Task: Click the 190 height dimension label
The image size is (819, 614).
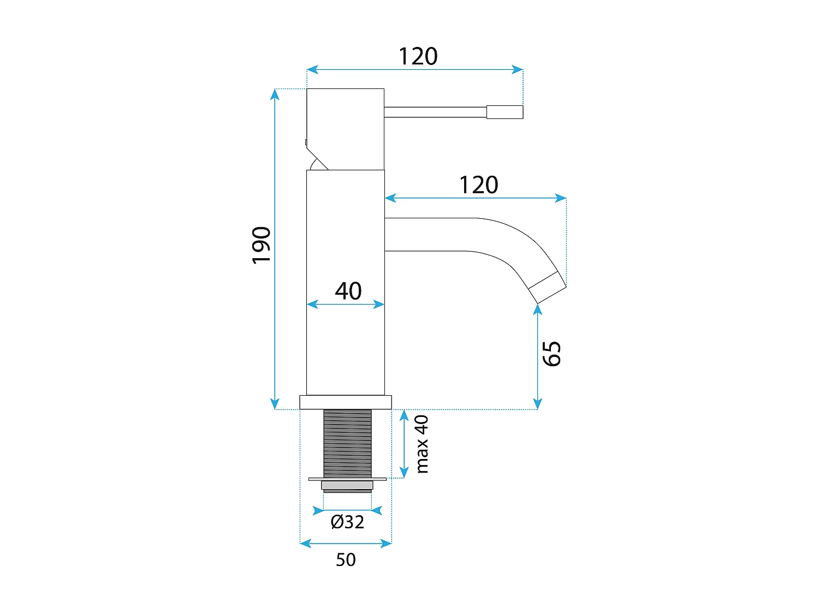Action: coord(261,245)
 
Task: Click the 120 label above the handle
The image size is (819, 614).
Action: coord(418,57)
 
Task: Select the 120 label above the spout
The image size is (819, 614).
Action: coord(478,186)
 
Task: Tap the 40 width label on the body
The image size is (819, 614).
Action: coord(348,291)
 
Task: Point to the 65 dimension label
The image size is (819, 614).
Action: coord(551,354)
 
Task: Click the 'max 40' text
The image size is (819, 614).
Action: coord(422,444)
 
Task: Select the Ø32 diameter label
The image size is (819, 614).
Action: coord(347,522)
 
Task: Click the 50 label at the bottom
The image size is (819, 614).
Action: coord(346,560)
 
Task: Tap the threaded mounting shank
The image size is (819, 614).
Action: coord(347,443)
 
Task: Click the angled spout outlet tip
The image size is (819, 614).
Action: coord(547,287)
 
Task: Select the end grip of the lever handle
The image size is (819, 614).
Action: coord(505,112)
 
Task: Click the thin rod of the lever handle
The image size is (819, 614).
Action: coord(435,112)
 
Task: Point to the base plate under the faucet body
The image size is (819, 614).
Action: coord(346,402)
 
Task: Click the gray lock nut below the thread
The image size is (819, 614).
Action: coord(347,485)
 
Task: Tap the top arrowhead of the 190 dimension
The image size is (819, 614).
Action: coord(275,94)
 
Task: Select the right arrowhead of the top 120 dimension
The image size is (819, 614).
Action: coord(517,69)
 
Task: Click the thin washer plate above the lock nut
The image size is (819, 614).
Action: coord(347,479)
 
